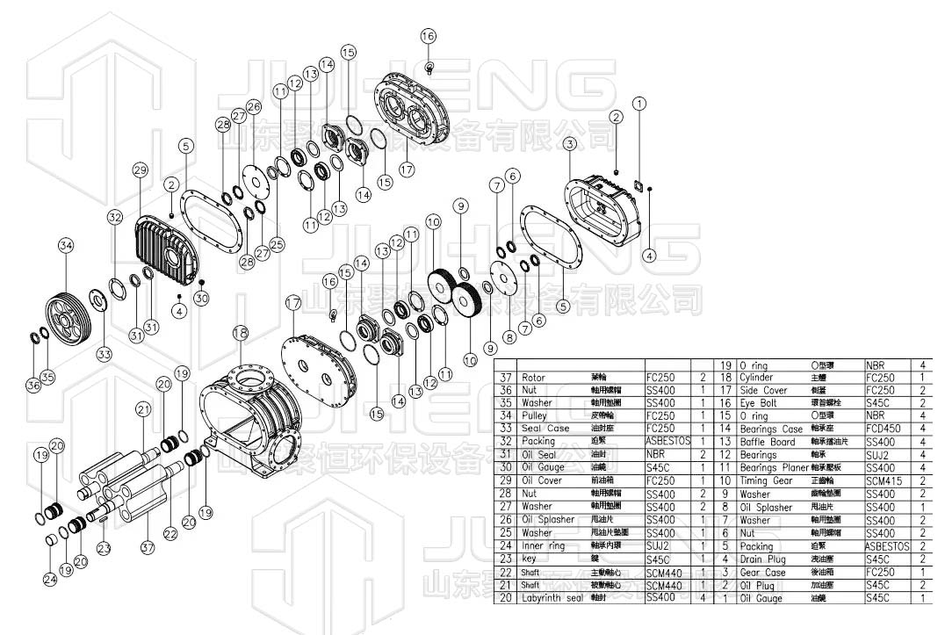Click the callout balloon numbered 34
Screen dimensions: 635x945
click(x=66, y=245)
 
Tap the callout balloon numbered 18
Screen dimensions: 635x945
click(x=239, y=332)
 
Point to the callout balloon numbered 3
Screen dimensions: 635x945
click(x=570, y=143)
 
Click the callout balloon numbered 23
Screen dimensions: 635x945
click(x=105, y=548)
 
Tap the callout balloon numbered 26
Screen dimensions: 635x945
click(x=254, y=107)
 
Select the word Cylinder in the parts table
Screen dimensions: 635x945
click(x=757, y=378)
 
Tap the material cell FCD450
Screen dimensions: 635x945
click(x=884, y=429)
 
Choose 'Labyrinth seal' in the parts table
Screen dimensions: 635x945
click(x=552, y=598)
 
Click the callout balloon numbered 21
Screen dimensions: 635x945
click(x=143, y=408)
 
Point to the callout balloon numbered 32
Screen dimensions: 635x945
click(x=115, y=216)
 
